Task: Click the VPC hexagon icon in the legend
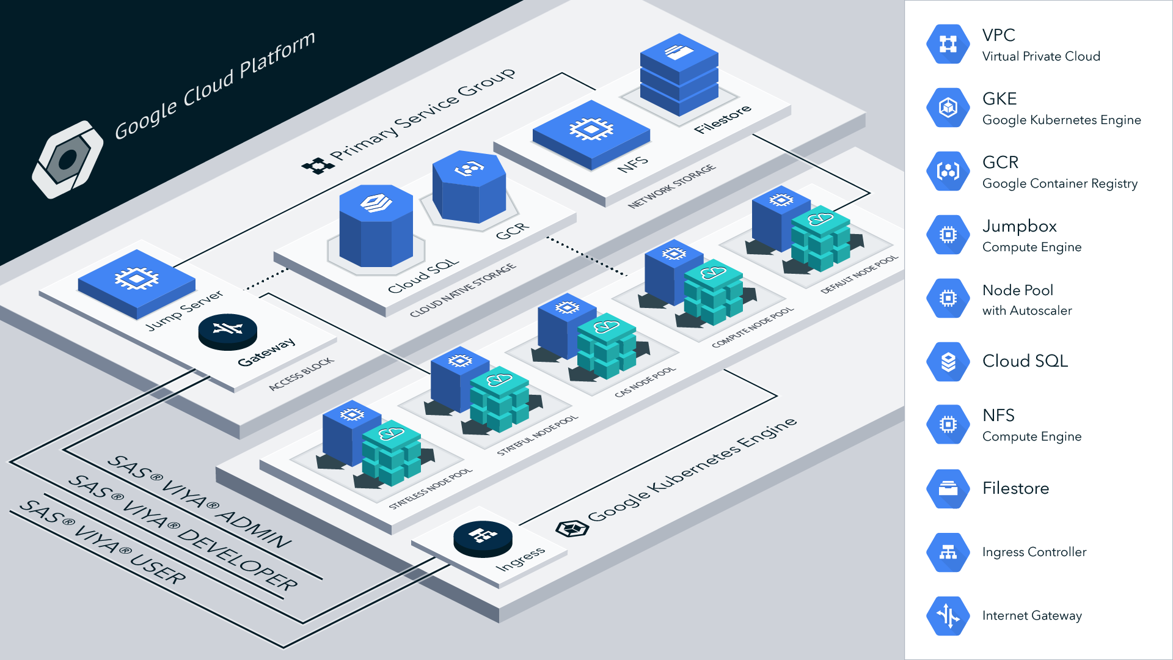[948, 44]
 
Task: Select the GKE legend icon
[948, 108]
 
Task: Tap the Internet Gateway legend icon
[948, 615]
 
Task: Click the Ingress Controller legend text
[1034, 552]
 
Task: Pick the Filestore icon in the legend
[948, 488]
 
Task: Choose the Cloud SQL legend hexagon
[948, 361]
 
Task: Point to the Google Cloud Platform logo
[67, 159]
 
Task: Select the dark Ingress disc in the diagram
[483, 538]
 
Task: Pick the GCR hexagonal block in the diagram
[469, 186]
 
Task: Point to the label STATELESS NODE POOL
[431, 488]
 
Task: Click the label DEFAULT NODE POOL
[859, 274]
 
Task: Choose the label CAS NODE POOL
[645, 383]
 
